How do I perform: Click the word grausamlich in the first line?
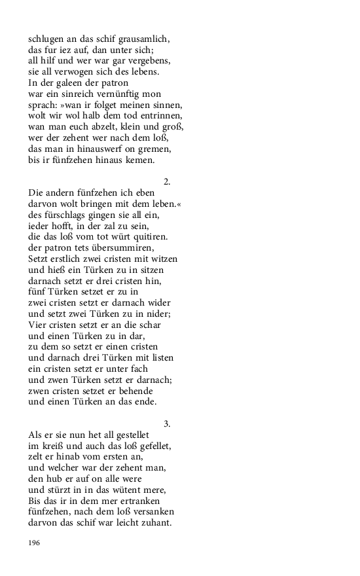click(x=150, y=39)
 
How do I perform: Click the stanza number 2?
click(x=168, y=181)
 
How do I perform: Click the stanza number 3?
click(x=168, y=423)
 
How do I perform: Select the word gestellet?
click(x=131, y=435)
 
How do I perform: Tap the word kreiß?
click(x=51, y=446)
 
